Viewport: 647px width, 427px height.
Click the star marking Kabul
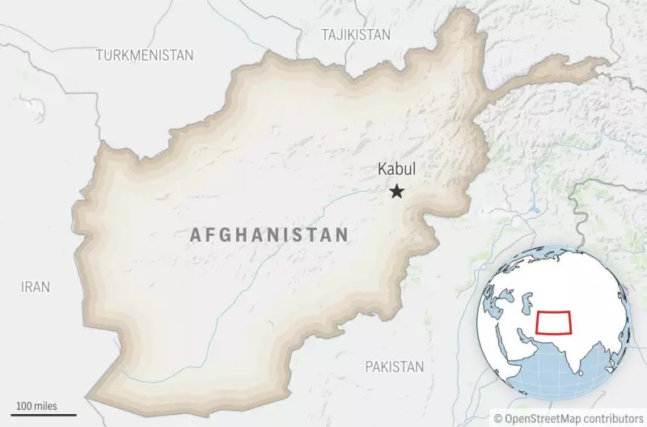coord(396,192)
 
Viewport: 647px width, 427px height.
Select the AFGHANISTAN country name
coord(269,235)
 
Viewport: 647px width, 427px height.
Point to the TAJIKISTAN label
coord(355,35)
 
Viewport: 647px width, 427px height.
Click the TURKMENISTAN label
coord(145,55)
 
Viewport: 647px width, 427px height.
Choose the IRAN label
coord(36,287)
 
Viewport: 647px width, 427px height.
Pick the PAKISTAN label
coord(394,366)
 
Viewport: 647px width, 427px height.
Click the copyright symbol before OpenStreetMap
coord(499,418)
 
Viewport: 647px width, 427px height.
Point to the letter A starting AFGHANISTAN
coord(195,235)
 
